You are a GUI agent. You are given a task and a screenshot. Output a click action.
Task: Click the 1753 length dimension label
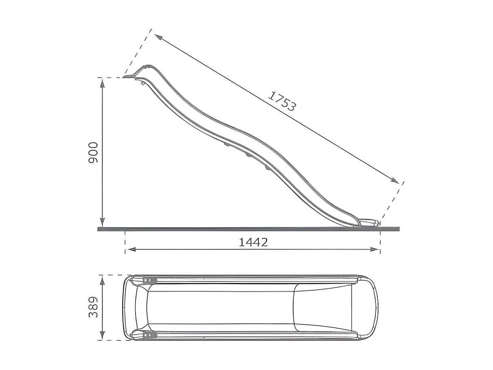283,101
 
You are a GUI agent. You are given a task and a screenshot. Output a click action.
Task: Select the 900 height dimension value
93,152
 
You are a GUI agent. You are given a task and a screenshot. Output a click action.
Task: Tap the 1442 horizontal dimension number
253,242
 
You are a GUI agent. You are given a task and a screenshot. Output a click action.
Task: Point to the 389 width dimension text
93,307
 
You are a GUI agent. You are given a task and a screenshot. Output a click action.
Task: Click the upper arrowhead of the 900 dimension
103,83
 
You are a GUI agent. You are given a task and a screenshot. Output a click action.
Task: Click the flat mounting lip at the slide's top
129,76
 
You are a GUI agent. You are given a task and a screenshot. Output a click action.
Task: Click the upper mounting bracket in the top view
150,280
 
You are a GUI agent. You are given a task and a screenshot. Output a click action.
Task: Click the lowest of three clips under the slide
267,168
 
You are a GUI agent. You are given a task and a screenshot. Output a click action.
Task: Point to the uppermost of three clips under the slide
227,145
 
